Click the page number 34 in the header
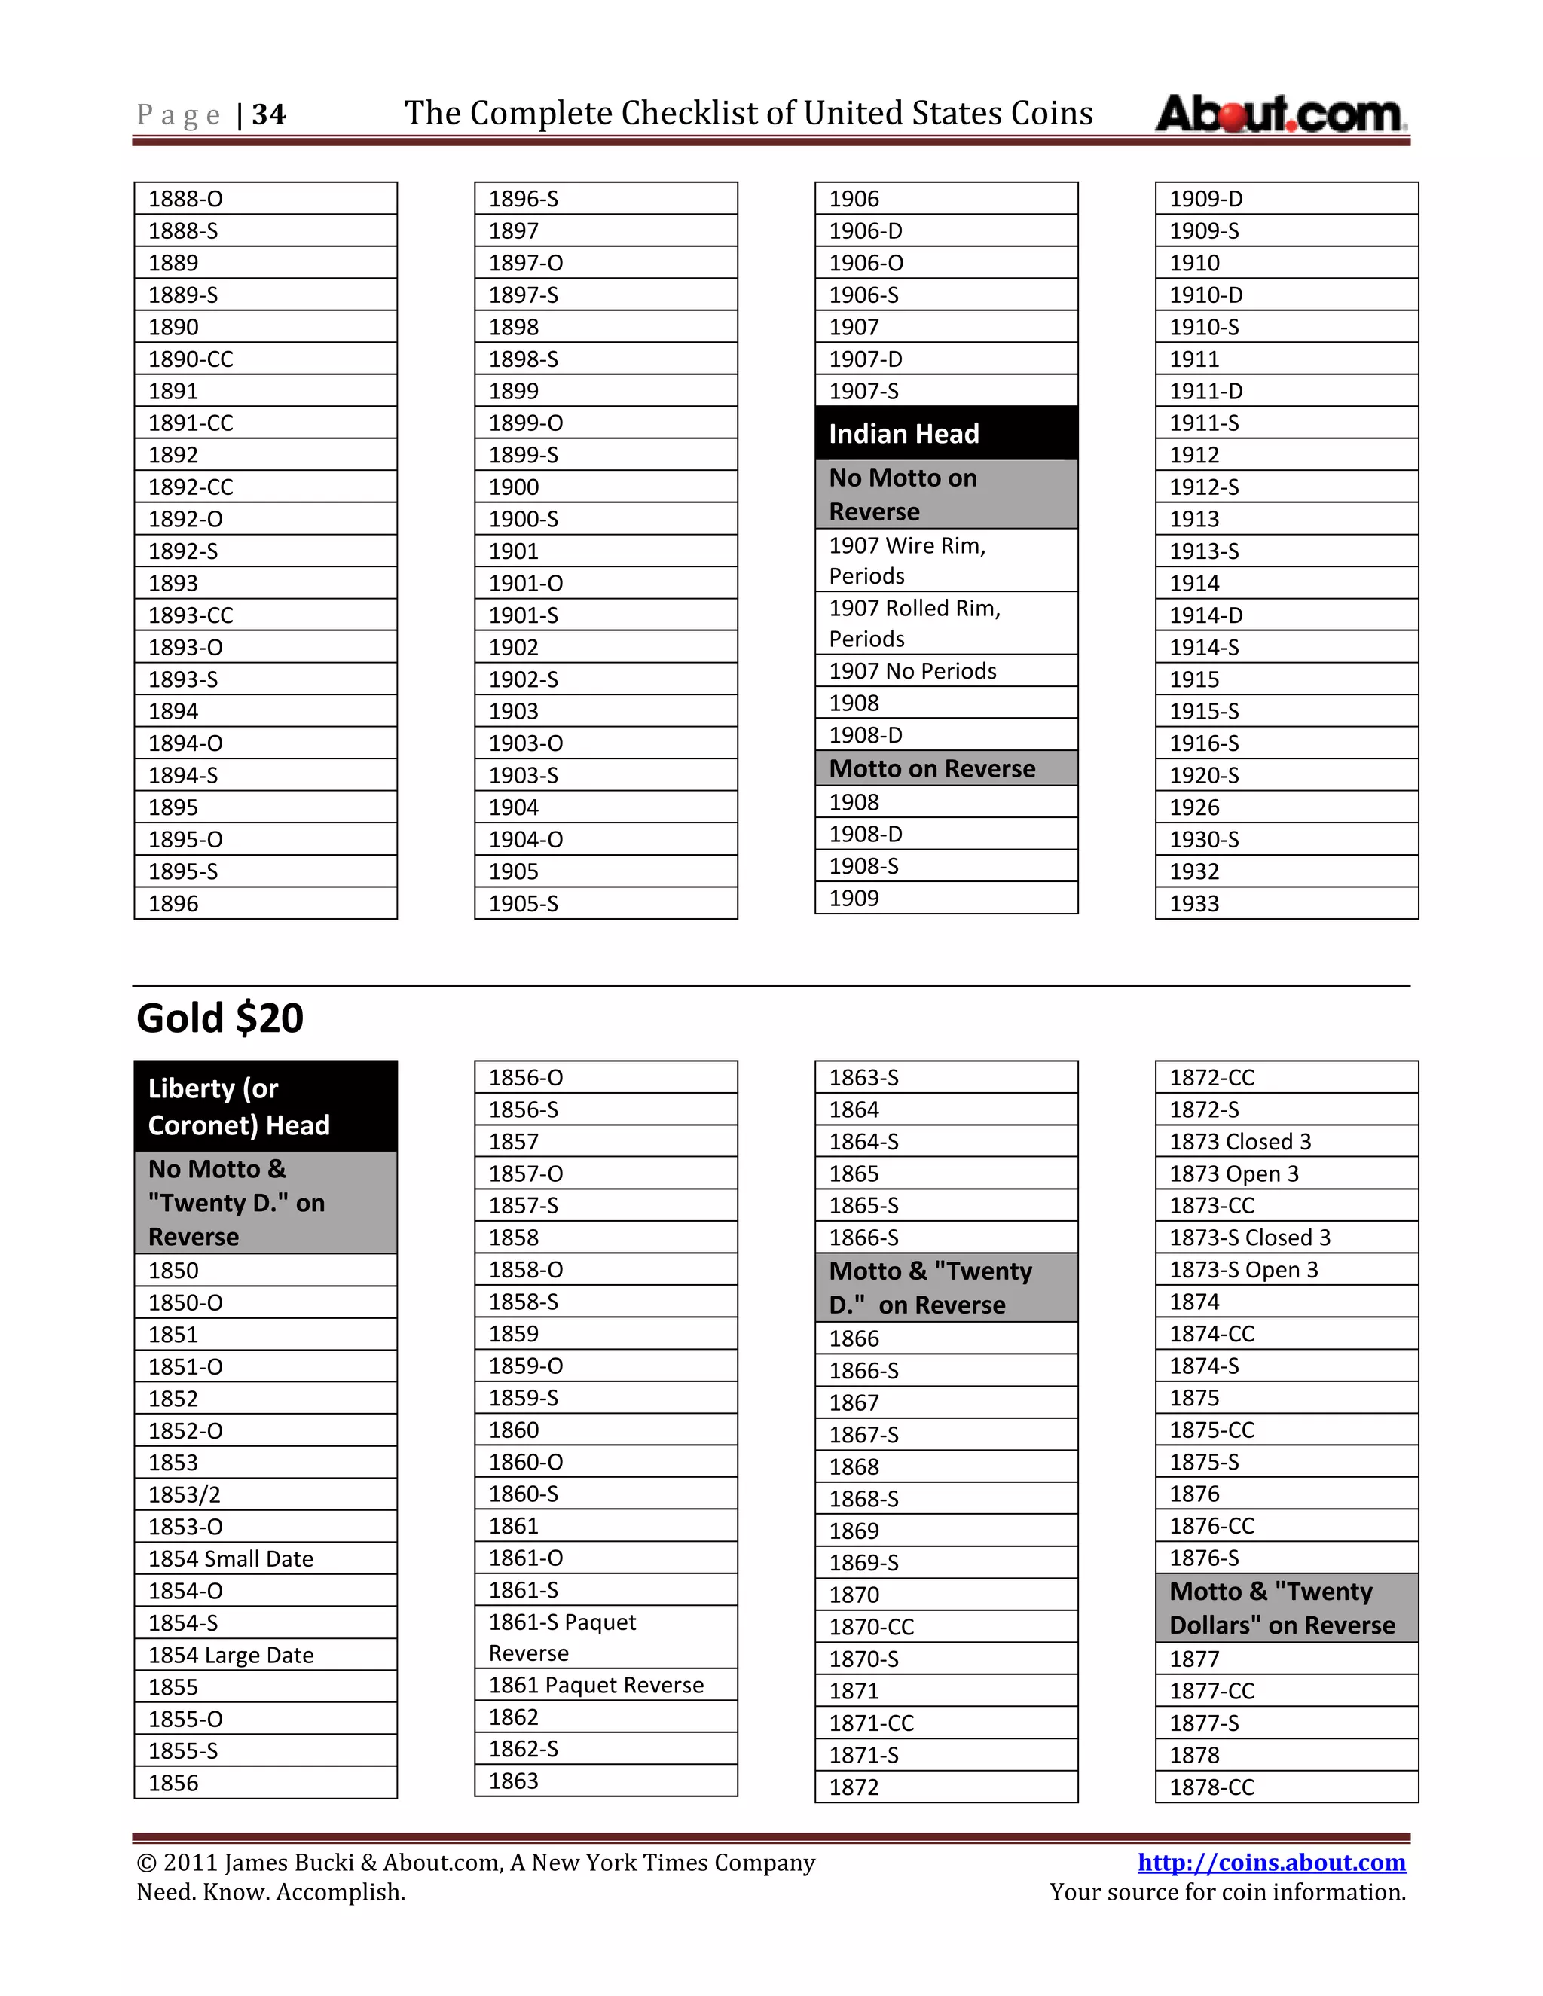[269, 115]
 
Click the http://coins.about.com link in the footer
[1270, 1862]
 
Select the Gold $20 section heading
[220, 1018]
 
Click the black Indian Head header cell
[946, 433]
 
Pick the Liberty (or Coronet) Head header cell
[265, 1106]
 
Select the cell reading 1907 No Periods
[946, 671]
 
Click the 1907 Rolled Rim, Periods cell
[946, 624]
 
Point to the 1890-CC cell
[265, 359]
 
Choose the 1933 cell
[1286, 904]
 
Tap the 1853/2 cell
[265, 1494]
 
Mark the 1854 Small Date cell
[265, 1559]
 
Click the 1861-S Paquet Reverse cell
[605, 1637]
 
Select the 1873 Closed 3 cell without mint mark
[1286, 1141]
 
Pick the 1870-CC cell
[946, 1627]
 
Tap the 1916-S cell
[1286, 743]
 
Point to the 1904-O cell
[605, 839]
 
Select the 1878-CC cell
[1286, 1787]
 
